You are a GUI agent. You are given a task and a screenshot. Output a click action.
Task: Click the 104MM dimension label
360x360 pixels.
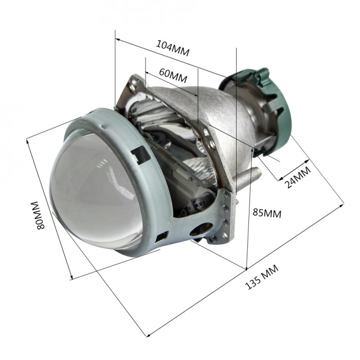coord(173,48)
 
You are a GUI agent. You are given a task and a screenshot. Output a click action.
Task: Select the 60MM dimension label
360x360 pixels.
coord(173,75)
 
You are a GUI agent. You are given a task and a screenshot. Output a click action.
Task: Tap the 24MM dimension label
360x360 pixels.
coord(298,177)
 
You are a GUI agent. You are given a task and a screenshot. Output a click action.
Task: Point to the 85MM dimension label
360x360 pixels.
coord(267,213)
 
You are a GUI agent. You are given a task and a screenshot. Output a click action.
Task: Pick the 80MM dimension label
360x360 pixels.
coord(38,215)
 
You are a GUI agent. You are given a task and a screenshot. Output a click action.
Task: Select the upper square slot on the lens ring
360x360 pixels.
coord(140,154)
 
